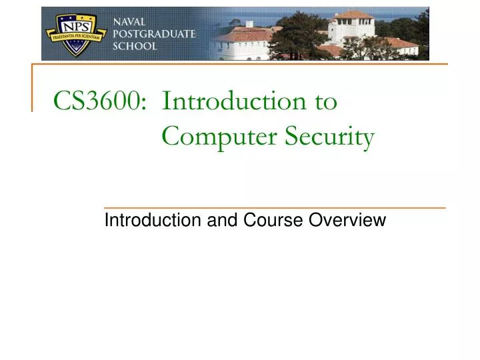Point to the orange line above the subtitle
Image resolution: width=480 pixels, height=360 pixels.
tap(275, 208)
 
